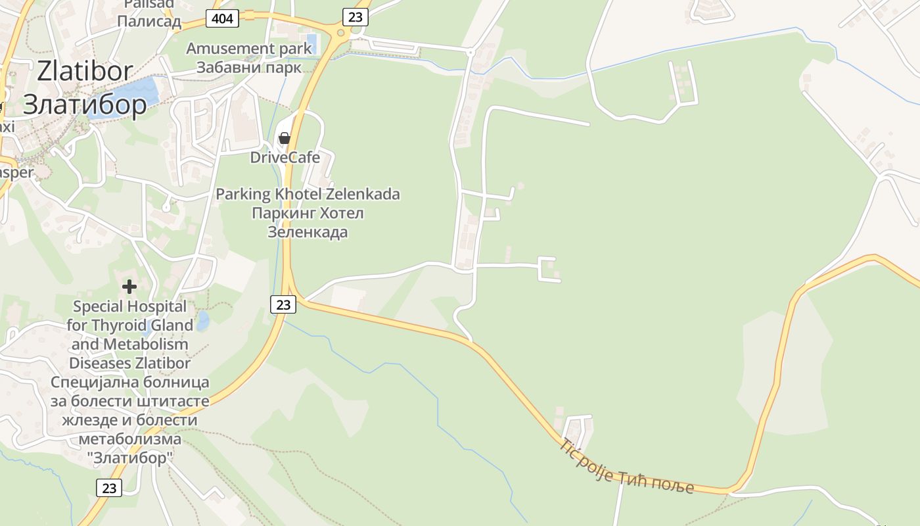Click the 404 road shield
click(222, 18)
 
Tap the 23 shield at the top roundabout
click(355, 17)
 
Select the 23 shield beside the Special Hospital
click(283, 304)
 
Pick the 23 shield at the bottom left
click(109, 488)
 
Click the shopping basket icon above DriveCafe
click(285, 138)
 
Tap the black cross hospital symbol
click(129, 286)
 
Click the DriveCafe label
click(285, 158)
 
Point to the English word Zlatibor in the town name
click(85, 71)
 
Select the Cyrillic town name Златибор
click(85, 105)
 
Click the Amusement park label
click(249, 49)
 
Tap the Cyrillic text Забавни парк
click(249, 67)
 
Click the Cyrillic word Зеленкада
click(308, 232)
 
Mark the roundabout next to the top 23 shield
click(340, 33)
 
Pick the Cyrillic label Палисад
click(149, 22)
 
